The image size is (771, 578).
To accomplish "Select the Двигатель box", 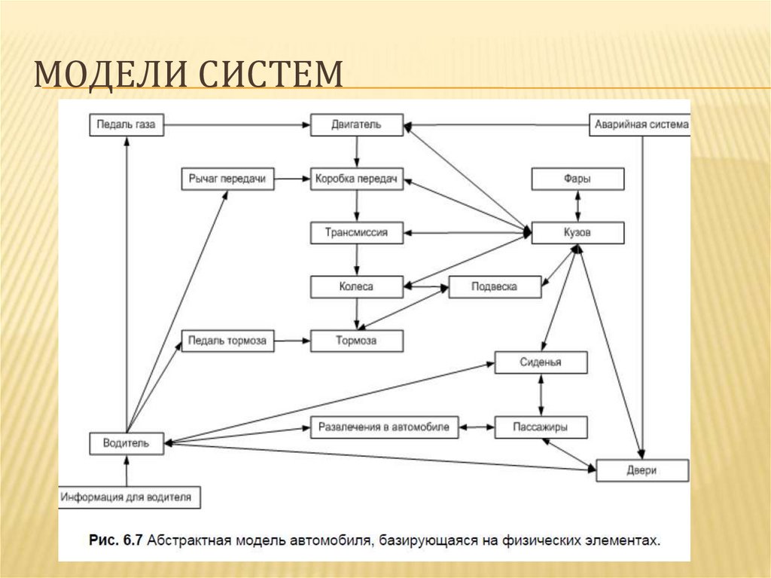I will tap(357, 125).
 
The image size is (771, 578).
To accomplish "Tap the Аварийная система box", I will tap(639, 125).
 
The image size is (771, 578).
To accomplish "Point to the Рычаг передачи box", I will tap(227, 179).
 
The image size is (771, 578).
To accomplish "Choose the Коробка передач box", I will tap(357, 179).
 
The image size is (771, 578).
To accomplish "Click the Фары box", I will tap(577, 179).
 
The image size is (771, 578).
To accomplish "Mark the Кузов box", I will tap(577, 233).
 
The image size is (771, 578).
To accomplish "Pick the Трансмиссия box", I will tap(357, 233).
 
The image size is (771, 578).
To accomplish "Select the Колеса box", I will tap(357, 286).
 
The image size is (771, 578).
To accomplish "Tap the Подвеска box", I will tap(495, 286).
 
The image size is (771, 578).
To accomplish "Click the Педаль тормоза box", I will tap(227, 341).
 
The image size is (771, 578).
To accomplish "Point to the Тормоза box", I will tap(357, 341).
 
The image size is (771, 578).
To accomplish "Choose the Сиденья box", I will tap(541, 362).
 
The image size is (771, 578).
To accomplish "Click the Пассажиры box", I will tap(541, 427).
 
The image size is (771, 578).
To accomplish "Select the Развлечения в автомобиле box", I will tap(384, 427).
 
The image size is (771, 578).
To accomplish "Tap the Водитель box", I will tap(126, 443).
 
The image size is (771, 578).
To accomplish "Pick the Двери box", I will tap(641, 470).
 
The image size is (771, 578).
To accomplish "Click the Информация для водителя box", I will tap(130, 497).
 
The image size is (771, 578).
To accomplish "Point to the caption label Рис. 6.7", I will tap(116, 540).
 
